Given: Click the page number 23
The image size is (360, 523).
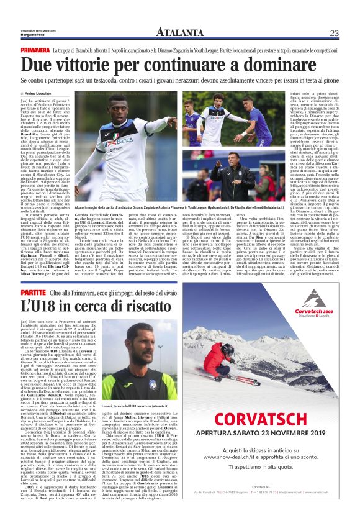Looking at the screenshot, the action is click(x=334, y=33).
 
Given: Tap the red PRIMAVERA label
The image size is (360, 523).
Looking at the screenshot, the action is click(x=35, y=48).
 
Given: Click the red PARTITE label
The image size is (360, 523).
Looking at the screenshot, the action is click(x=34, y=291).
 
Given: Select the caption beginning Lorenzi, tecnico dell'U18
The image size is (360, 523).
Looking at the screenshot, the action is click(x=140, y=405).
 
